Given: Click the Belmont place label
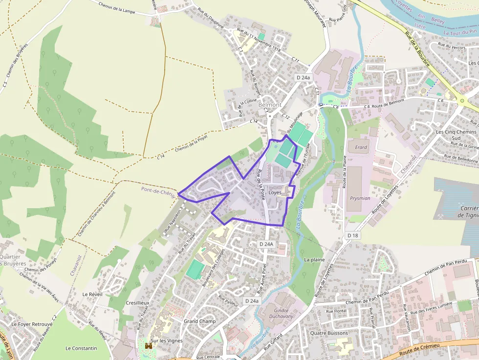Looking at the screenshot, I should coord(270,105).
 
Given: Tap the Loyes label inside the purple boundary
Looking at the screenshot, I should coord(275,192).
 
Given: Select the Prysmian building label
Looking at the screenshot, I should coord(360,199).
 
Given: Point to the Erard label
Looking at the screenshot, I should coord(361,147).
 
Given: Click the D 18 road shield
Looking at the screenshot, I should coord(353,235).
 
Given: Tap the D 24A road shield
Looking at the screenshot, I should coord(266,244).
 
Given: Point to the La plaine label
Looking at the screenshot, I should coord(314,260).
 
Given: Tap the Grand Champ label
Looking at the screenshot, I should coord(199,321).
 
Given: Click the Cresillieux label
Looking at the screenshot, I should coord(137,303).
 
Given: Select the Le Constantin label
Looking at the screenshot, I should coord(81,348).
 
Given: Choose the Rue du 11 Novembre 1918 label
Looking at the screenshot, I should coord(258,41).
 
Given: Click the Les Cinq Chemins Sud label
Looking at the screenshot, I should coord(456,135).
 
